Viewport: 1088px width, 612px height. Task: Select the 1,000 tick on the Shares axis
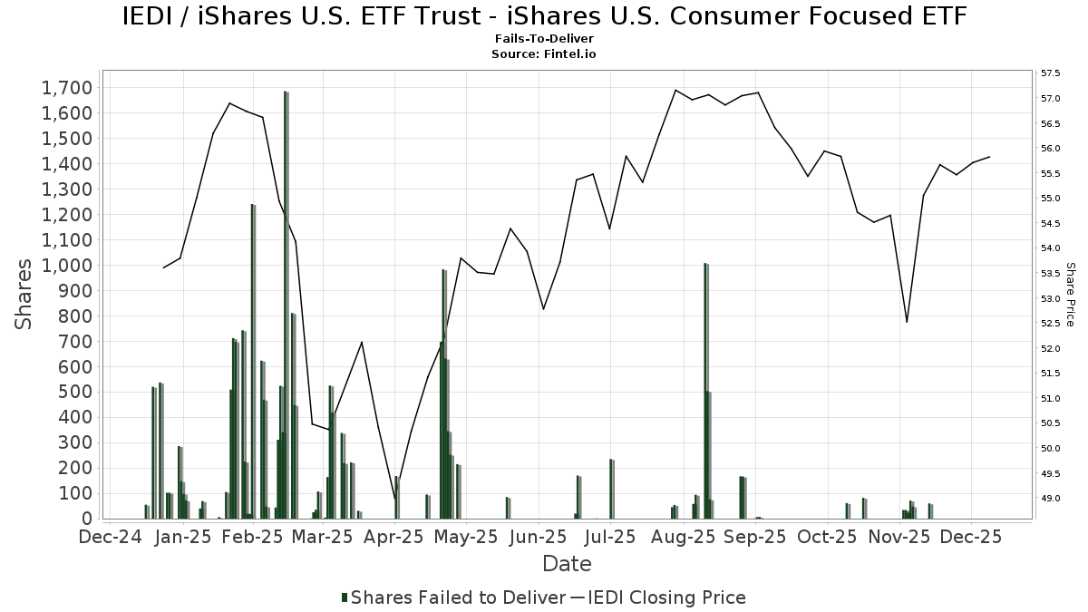coord(66,266)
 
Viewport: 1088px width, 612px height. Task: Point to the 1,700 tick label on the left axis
coord(66,88)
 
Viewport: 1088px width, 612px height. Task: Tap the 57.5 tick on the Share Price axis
coord(1052,73)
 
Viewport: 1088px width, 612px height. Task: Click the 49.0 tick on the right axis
coord(1052,499)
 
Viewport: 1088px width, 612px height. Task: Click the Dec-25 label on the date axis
coord(971,537)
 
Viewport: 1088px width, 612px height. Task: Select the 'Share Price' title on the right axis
coord(1070,294)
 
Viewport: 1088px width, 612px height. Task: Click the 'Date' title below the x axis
coord(567,564)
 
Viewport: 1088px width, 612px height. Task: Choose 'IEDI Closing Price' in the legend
coord(666,597)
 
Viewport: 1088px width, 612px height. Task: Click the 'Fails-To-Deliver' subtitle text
coord(544,39)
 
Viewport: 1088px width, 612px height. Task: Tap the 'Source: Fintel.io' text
coord(544,53)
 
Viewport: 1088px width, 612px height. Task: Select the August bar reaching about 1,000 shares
coord(705,390)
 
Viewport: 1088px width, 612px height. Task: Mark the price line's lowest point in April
coord(395,499)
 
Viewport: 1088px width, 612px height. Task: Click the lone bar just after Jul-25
coord(612,490)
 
